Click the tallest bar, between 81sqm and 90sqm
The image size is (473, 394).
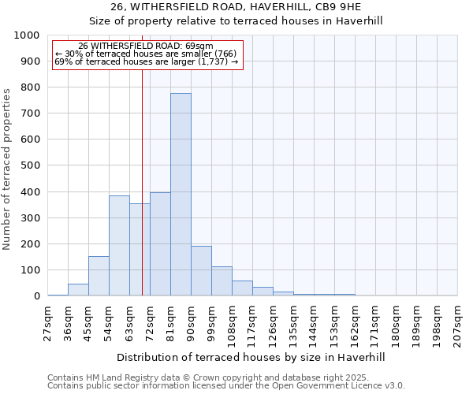181,195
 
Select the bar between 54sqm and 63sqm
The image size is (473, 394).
119,246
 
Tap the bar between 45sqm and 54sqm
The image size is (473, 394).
99,276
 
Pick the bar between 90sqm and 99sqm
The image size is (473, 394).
201,271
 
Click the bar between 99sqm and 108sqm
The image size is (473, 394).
222,281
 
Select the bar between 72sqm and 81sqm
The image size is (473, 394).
160,244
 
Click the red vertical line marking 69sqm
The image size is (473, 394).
142,158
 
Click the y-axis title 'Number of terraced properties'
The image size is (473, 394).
8,169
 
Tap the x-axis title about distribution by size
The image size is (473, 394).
251,357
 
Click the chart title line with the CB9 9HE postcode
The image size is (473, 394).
236,7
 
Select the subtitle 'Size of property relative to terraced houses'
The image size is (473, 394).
236,21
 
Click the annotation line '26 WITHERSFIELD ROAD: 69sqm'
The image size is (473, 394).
146,46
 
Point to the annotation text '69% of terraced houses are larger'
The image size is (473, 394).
146,61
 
